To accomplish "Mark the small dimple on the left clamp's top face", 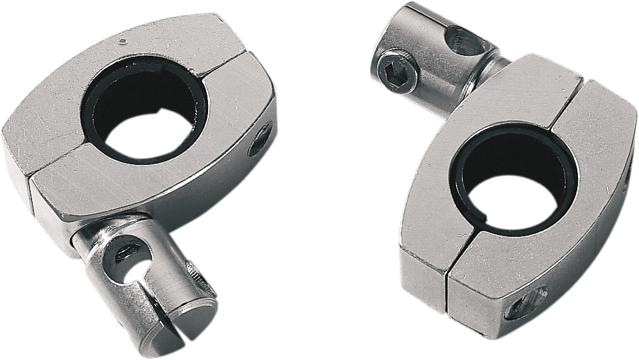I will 123,44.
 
